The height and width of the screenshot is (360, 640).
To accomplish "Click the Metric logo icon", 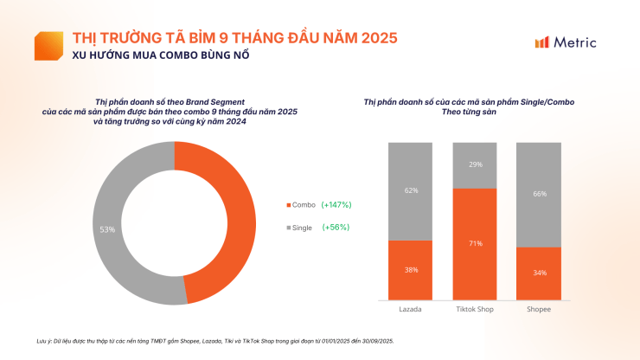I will click(x=542, y=42).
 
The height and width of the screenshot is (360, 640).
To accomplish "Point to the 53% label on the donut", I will click(x=108, y=229).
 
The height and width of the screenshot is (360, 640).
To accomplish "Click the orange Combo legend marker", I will click(x=288, y=205).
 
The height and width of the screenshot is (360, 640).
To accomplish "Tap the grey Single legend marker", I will click(x=288, y=227).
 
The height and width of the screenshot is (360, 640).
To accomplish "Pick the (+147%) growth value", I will click(x=336, y=205).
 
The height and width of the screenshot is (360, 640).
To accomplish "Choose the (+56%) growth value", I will click(x=336, y=227).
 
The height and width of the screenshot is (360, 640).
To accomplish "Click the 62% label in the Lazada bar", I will click(x=411, y=190).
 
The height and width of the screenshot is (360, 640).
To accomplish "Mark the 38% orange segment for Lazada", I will click(x=411, y=270).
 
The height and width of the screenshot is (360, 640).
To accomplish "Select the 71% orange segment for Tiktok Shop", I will click(x=475, y=244).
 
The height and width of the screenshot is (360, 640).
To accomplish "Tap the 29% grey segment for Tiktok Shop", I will click(x=475, y=164).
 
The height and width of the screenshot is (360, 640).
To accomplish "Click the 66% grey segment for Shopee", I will click(x=539, y=194).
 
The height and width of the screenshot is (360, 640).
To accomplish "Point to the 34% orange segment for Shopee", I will click(x=539, y=273).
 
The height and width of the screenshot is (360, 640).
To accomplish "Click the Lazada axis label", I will click(x=411, y=309).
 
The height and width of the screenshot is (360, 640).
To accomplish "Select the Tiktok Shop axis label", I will click(x=475, y=309).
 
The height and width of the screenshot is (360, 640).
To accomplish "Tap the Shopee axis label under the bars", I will click(x=539, y=309).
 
